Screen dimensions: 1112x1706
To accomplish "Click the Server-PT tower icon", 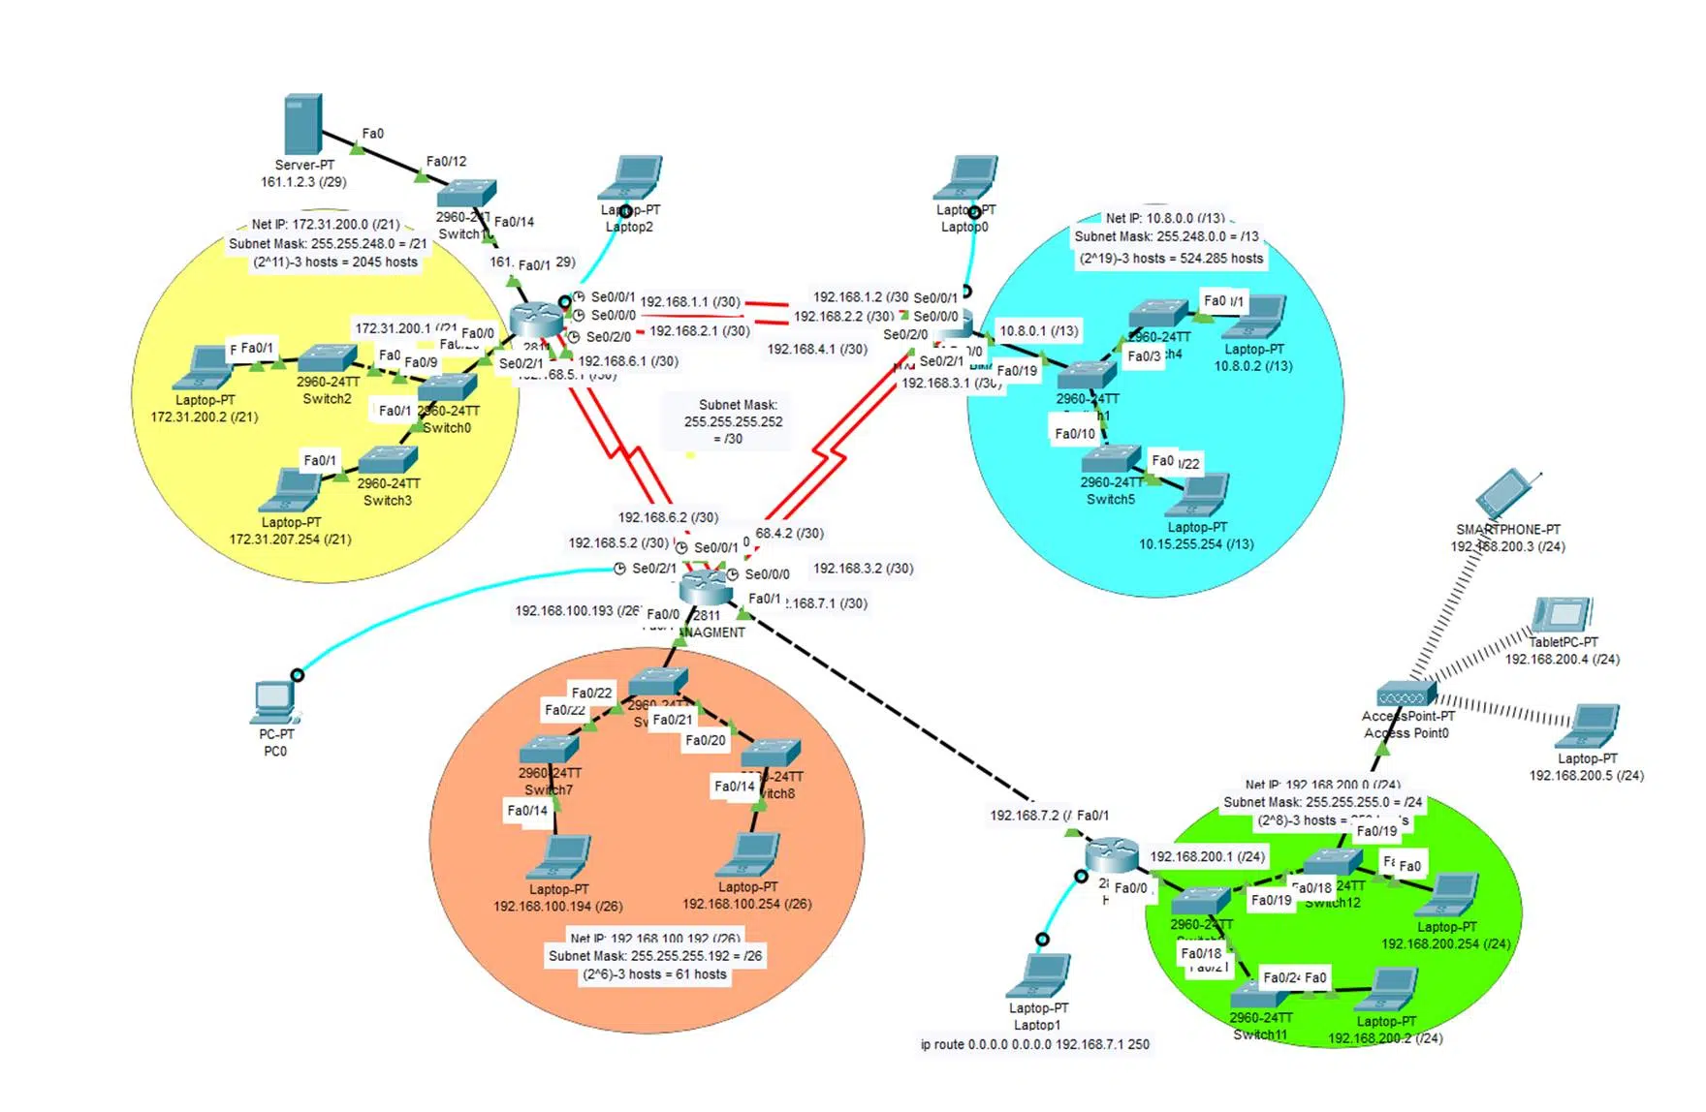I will pos(303,123).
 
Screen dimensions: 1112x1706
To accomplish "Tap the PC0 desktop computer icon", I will pos(275,701).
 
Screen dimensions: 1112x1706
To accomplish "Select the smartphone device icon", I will pos(1503,495).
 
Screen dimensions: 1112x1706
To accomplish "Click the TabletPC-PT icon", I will pos(1562,615).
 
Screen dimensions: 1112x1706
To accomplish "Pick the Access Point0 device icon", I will pos(1406,695).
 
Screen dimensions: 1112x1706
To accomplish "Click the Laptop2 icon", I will pos(631,178).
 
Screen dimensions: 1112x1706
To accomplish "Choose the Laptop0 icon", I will pos(966,178).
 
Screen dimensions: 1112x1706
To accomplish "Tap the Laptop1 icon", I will pos(1039,975).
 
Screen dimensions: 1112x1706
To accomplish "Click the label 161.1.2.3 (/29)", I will pos(303,182).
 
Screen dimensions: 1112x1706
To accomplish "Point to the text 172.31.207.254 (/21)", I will pos(290,540).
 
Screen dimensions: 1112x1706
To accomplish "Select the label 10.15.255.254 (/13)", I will pos(1196,544).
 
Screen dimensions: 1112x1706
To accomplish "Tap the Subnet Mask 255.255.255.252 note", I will pos(733,422).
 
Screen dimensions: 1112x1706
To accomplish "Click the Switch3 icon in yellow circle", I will pos(388,459).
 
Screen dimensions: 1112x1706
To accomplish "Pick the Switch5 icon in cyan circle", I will pos(1112,458).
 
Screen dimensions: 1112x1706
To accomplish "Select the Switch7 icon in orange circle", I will pos(550,749).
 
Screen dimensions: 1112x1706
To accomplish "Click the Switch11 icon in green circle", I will pos(1258,993).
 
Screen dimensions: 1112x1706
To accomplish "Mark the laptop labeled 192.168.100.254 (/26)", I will pos(748,855).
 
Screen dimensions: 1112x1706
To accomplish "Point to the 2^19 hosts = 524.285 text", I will pos(1172,259).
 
